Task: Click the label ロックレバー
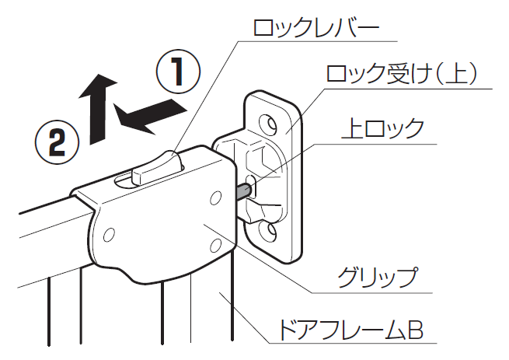[316, 29]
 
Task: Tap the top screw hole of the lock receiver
[268, 122]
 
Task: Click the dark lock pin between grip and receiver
[242, 190]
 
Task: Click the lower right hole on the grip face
[216, 246]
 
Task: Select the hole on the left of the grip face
[110, 233]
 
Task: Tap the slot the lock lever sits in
[128, 180]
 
